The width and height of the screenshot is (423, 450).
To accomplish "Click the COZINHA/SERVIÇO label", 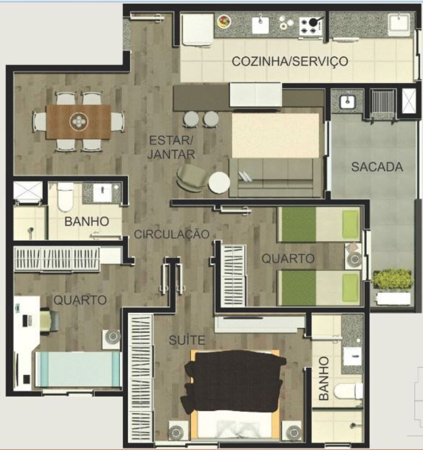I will click(290, 61).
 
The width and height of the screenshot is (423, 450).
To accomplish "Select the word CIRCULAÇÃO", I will click(172, 234).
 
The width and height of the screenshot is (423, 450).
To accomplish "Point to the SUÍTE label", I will click(186, 340).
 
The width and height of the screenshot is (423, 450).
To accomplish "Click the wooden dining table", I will click(78, 121).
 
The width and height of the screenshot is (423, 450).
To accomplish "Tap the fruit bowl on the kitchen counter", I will click(224, 21).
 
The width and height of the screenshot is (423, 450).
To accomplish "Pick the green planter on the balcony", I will click(392, 279).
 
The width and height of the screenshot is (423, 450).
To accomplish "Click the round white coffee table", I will click(219, 183).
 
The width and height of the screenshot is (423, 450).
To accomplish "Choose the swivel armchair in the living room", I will click(191, 177).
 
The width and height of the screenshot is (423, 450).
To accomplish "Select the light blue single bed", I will click(78, 369).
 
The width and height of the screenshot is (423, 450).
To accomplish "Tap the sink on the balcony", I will click(348, 102).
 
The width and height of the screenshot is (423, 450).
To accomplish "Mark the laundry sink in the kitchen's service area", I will click(399, 24).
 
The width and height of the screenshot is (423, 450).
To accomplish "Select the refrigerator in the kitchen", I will click(197, 29).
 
